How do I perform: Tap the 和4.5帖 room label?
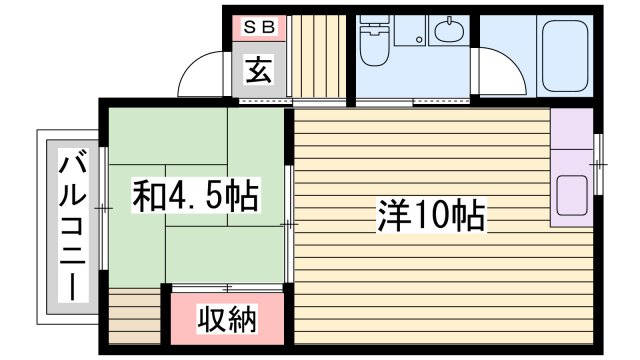click(x=196, y=194)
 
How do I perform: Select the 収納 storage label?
click(x=226, y=320)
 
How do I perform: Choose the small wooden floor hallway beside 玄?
click(x=317, y=56)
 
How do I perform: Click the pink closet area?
click(x=226, y=320)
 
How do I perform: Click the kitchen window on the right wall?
click(x=598, y=161)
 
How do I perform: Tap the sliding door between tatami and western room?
click(x=290, y=224)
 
